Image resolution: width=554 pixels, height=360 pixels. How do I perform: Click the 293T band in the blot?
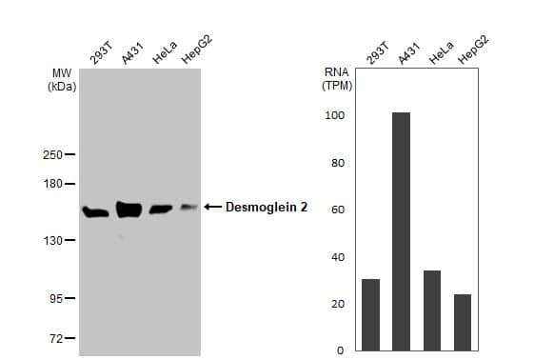tap(96, 211)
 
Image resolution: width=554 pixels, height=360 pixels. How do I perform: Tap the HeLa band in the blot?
tap(160, 209)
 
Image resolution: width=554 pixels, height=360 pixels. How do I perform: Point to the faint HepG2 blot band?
tap(188, 207)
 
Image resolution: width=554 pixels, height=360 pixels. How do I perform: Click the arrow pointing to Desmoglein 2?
tap(211, 207)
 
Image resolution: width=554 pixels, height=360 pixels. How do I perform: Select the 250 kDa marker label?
tap(53, 155)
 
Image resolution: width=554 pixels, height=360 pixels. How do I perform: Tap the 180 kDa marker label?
tap(53, 184)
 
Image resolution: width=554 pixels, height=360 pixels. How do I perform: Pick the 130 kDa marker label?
tap(53, 240)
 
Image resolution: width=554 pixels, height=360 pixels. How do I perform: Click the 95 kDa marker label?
tap(56, 299)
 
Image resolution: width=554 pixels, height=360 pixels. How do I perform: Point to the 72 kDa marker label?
tap(56, 338)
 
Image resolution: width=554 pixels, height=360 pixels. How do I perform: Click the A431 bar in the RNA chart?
tap(401, 231)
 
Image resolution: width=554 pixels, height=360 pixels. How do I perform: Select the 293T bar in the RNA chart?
tap(370, 314)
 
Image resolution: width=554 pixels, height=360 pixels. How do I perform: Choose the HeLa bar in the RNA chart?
tap(431, 310)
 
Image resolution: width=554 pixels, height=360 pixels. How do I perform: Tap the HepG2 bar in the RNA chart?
tap(463, 322)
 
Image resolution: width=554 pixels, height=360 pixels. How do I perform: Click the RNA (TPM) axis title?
tap(337, 78)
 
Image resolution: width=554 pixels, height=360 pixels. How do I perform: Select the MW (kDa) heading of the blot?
tap(62, 78)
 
